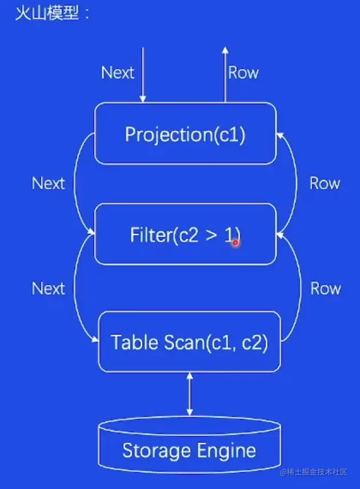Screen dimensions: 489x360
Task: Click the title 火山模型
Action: click(47, 13)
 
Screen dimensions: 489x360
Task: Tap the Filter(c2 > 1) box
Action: click(185, 234)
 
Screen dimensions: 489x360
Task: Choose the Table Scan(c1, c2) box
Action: click(190, 342)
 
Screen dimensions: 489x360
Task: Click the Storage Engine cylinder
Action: click(189, 449)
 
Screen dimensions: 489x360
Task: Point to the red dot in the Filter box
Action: click(235, 242)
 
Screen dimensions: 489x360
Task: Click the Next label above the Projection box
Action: click(117, 73)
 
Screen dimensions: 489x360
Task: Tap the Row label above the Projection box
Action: click(243, 73)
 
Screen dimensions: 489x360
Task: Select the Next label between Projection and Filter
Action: click(48, 183)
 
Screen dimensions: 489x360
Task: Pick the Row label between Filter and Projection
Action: click(325, 183)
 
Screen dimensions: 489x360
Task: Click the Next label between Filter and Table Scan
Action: click(48, 288)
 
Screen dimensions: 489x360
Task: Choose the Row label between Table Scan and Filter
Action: click(325, 288)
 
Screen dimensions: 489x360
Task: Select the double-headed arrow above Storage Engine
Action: click(190, 394)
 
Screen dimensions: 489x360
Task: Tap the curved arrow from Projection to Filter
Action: click(81, 183)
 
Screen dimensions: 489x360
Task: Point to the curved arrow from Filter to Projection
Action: click(296, 183)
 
